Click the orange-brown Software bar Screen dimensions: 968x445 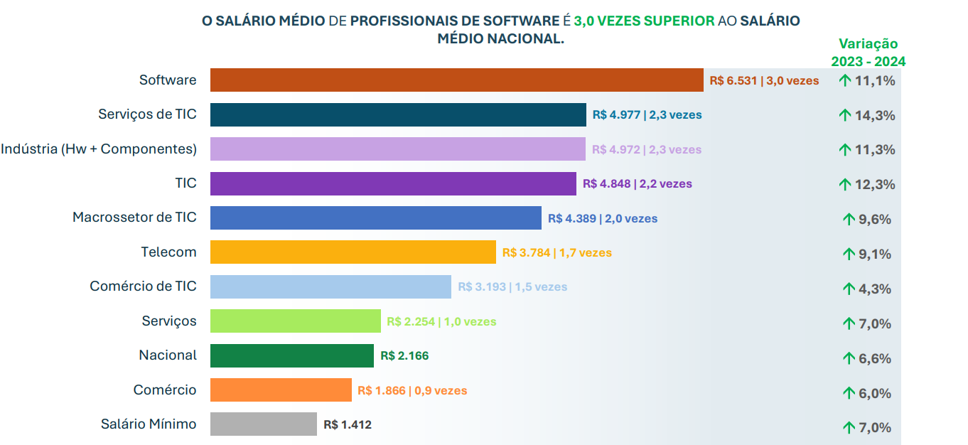coord(457,80)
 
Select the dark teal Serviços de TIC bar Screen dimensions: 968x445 coord(399,114)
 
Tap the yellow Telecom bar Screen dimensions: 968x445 coord(353,252)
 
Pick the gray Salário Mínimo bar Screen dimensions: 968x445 coord(264,424)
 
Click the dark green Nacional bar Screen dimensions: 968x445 coord(292,355)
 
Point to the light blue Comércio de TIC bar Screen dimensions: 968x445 coord(330,286)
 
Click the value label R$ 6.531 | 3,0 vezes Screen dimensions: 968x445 coord(764,81)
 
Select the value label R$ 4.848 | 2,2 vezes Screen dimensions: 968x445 coord(638,184)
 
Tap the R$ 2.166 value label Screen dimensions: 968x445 coord(404,356)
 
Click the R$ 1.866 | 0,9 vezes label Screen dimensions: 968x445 coord(412,390)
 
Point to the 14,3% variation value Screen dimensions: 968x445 coord(875,115)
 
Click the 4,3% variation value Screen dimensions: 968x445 coord(875,289)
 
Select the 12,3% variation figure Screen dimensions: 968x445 coord(875,185)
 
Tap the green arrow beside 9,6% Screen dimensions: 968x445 coord(849,219)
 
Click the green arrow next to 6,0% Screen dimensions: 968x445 coord(849,393)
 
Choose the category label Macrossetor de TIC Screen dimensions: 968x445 coord(134,217)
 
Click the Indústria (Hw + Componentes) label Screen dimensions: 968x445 coord(99,149)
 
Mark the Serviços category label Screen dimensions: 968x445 coord(169,321)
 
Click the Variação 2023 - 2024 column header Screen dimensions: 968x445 coord(868,53)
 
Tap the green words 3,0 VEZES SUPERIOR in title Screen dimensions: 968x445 coord(644,21)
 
